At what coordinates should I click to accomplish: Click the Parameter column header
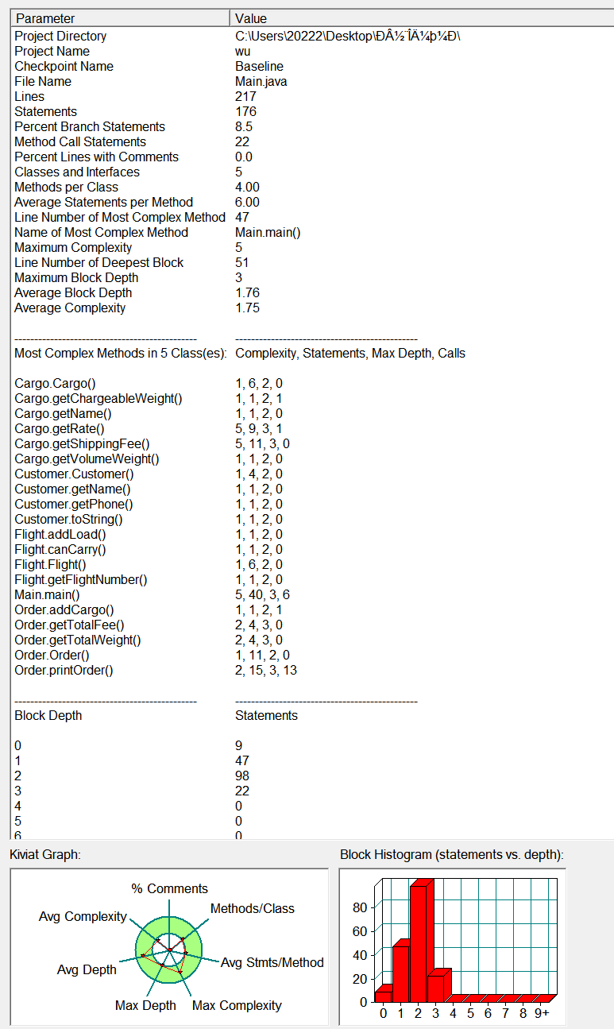tap(45, 18)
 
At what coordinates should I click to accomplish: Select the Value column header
tap(251, 18)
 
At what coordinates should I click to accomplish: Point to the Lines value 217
tap(245, 96)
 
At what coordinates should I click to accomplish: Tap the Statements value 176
tap(245, 111)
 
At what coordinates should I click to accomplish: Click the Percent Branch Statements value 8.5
tap(244, 126)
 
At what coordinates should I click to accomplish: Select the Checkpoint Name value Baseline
tap(259, 66)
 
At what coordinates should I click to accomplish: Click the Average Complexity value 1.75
tap(247, 308)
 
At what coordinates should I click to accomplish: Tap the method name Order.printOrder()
tap(64, 670)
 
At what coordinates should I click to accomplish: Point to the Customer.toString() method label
tap(68, 519)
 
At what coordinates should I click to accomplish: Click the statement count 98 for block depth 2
tap(242, 776)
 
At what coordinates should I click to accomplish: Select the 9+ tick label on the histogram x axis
tap(541, 1013)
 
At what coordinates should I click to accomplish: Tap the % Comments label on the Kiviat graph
tap(169, 888)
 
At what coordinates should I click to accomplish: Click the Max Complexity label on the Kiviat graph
tap(237, 1005)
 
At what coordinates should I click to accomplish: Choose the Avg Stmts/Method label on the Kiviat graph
tap(272, 962)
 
